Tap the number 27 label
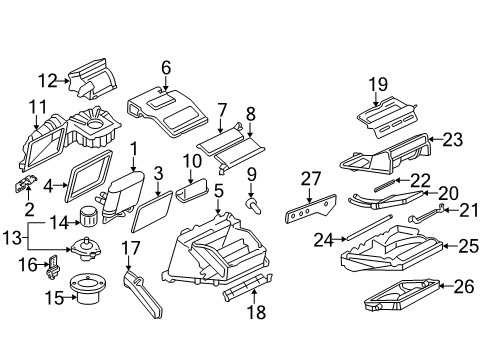311,179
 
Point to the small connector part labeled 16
55,265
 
